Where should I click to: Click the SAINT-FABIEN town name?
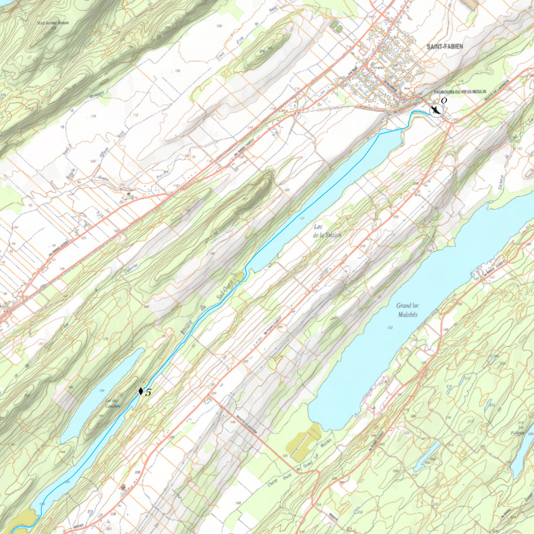coord(445,46)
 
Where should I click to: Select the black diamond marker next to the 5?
coord(141,392)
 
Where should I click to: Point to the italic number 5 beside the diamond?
coord(148,392)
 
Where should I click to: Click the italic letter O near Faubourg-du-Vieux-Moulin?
coord(444,101)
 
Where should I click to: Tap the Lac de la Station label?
coord(327,231)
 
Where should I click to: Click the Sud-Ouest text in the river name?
coord(221,291)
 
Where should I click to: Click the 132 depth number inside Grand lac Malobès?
coord(390,328)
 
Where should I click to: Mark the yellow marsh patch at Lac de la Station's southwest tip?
coord(239,277)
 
